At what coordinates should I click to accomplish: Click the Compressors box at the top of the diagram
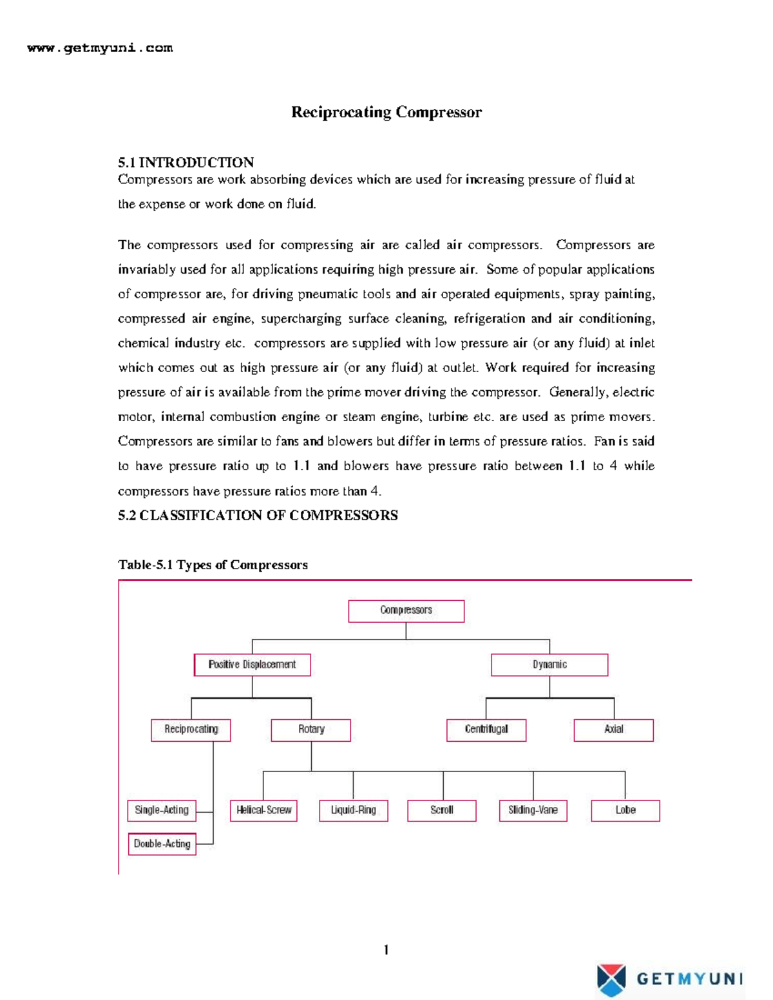[x=406, y=610]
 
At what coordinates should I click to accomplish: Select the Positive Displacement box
[x=252, y=665]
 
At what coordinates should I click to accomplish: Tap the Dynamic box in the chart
[x=549, y=665]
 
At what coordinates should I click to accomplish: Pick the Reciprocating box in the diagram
[x=191, y=730]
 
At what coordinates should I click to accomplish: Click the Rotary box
[x=310, y=730]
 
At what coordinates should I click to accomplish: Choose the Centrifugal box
[x=486, y=730]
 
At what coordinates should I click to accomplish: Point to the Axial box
[x=613, y=730]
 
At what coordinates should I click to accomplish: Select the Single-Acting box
[x=162, y=810]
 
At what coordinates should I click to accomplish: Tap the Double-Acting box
[x=162, y=844]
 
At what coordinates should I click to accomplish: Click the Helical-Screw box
[x=263, y=810]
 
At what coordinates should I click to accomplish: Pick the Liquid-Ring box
[x=353, y=810]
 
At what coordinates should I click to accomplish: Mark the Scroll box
[x=441, y=810]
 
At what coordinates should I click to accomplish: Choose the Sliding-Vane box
[x=533, y=810]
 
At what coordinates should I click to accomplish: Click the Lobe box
[x=625, y=810]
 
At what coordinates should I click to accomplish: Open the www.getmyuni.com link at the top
[x=100, y=48]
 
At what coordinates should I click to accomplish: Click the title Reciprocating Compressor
[x=386, y=112]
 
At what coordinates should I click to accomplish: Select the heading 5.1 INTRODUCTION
[x=186, y=162]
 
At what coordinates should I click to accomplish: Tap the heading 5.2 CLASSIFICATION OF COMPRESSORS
[x=258, y=515]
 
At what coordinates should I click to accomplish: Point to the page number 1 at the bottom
[x=386, y=950]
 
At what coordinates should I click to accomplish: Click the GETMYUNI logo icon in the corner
[x=611, y=979]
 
